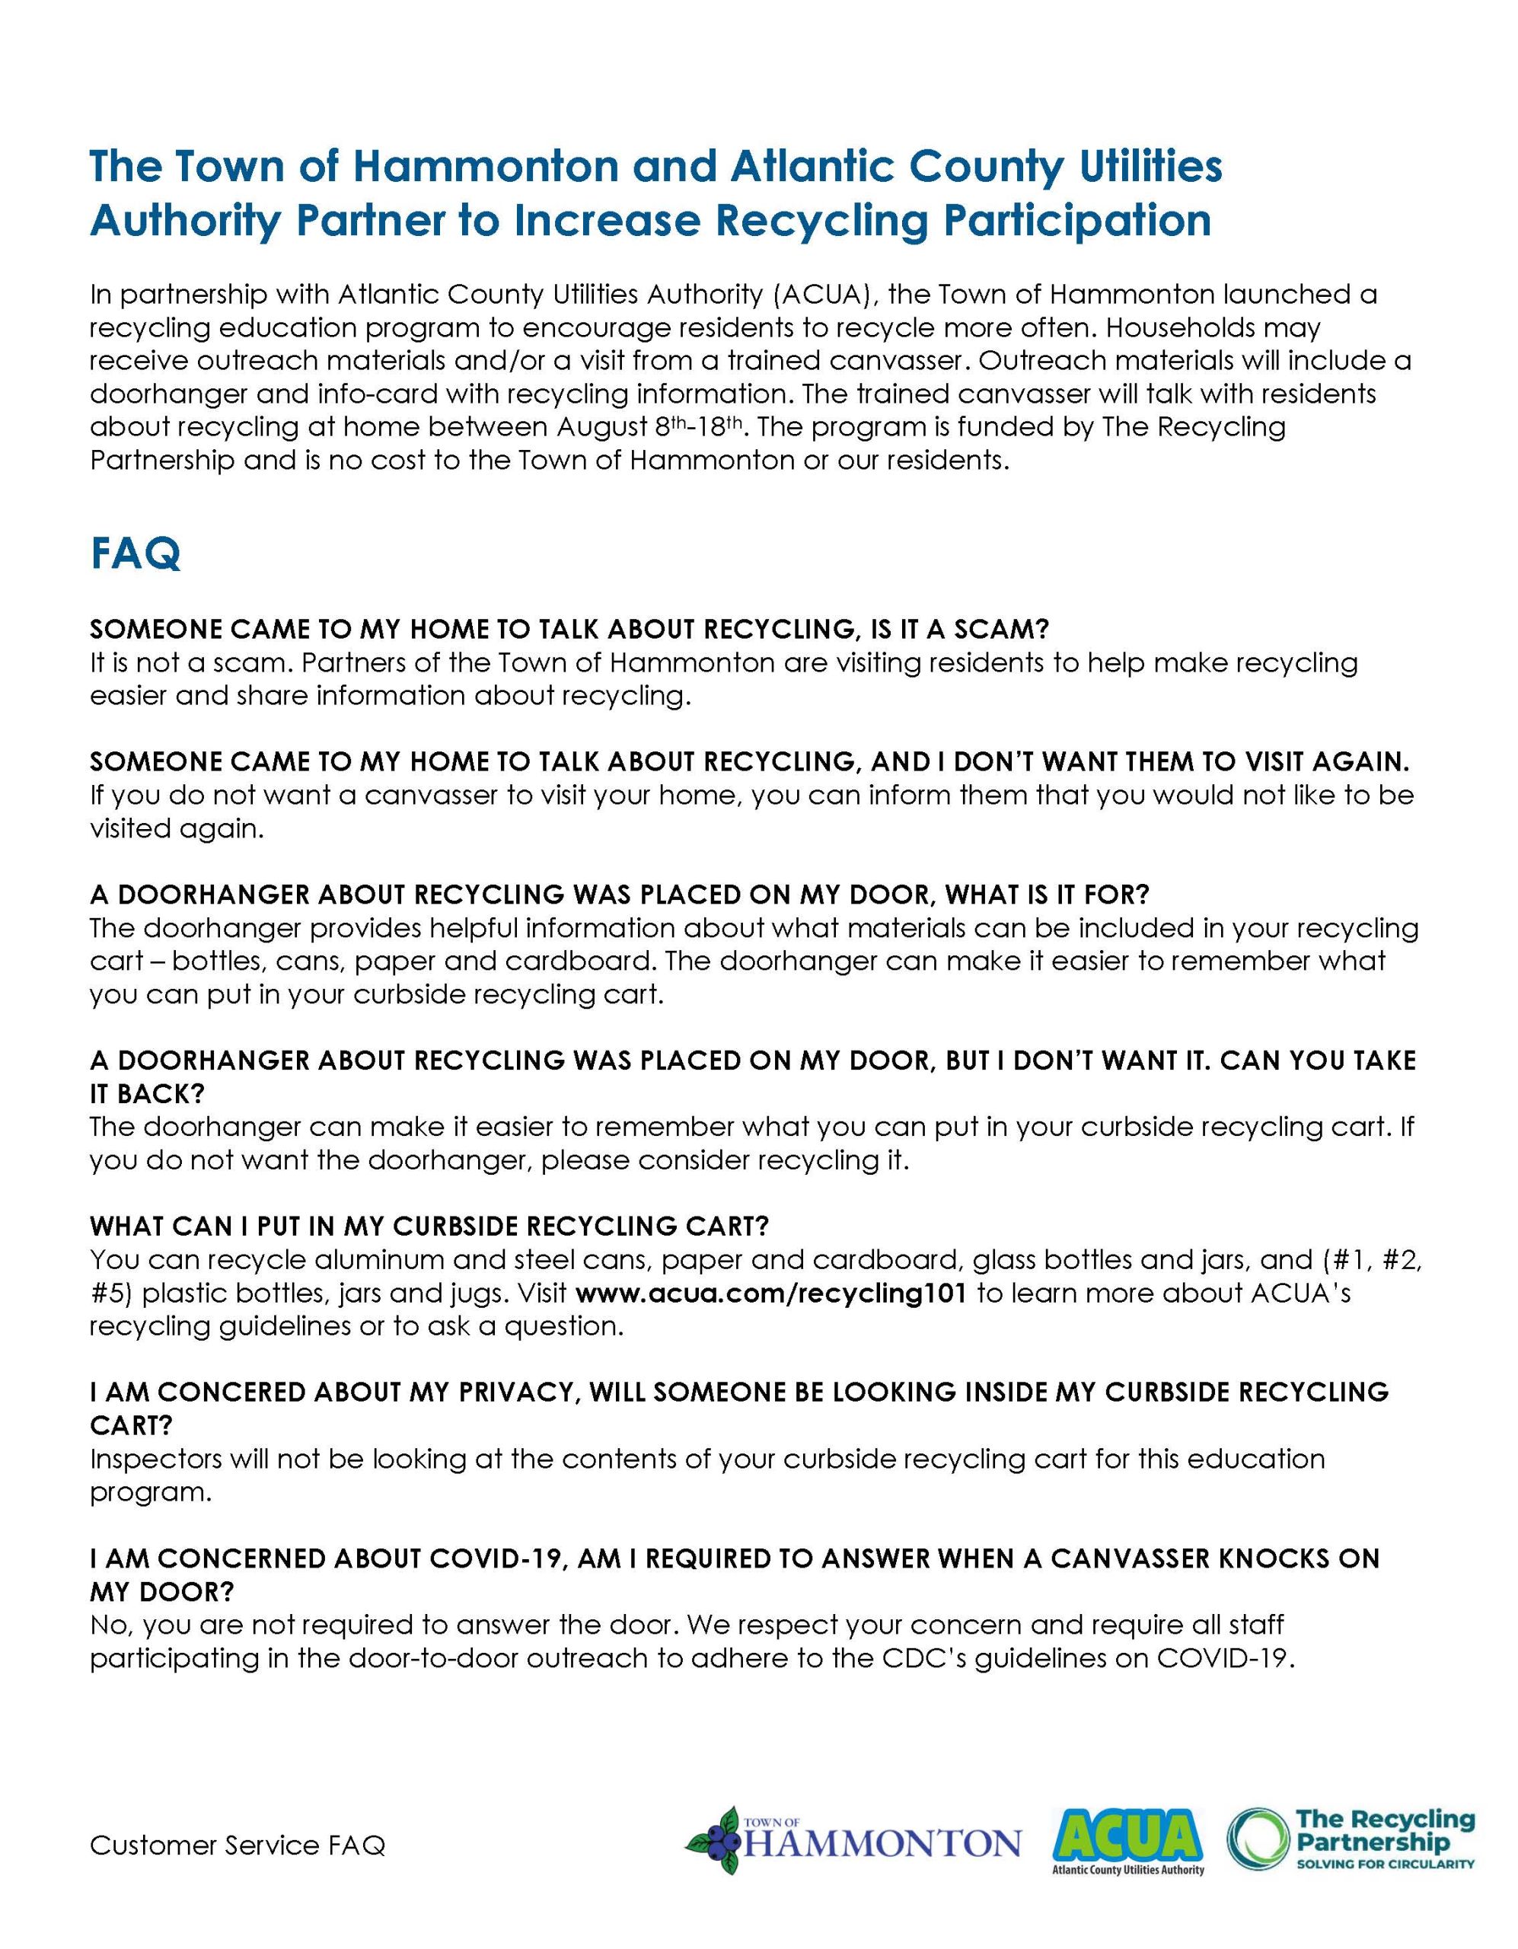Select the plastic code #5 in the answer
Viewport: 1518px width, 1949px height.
[110, 1293]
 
